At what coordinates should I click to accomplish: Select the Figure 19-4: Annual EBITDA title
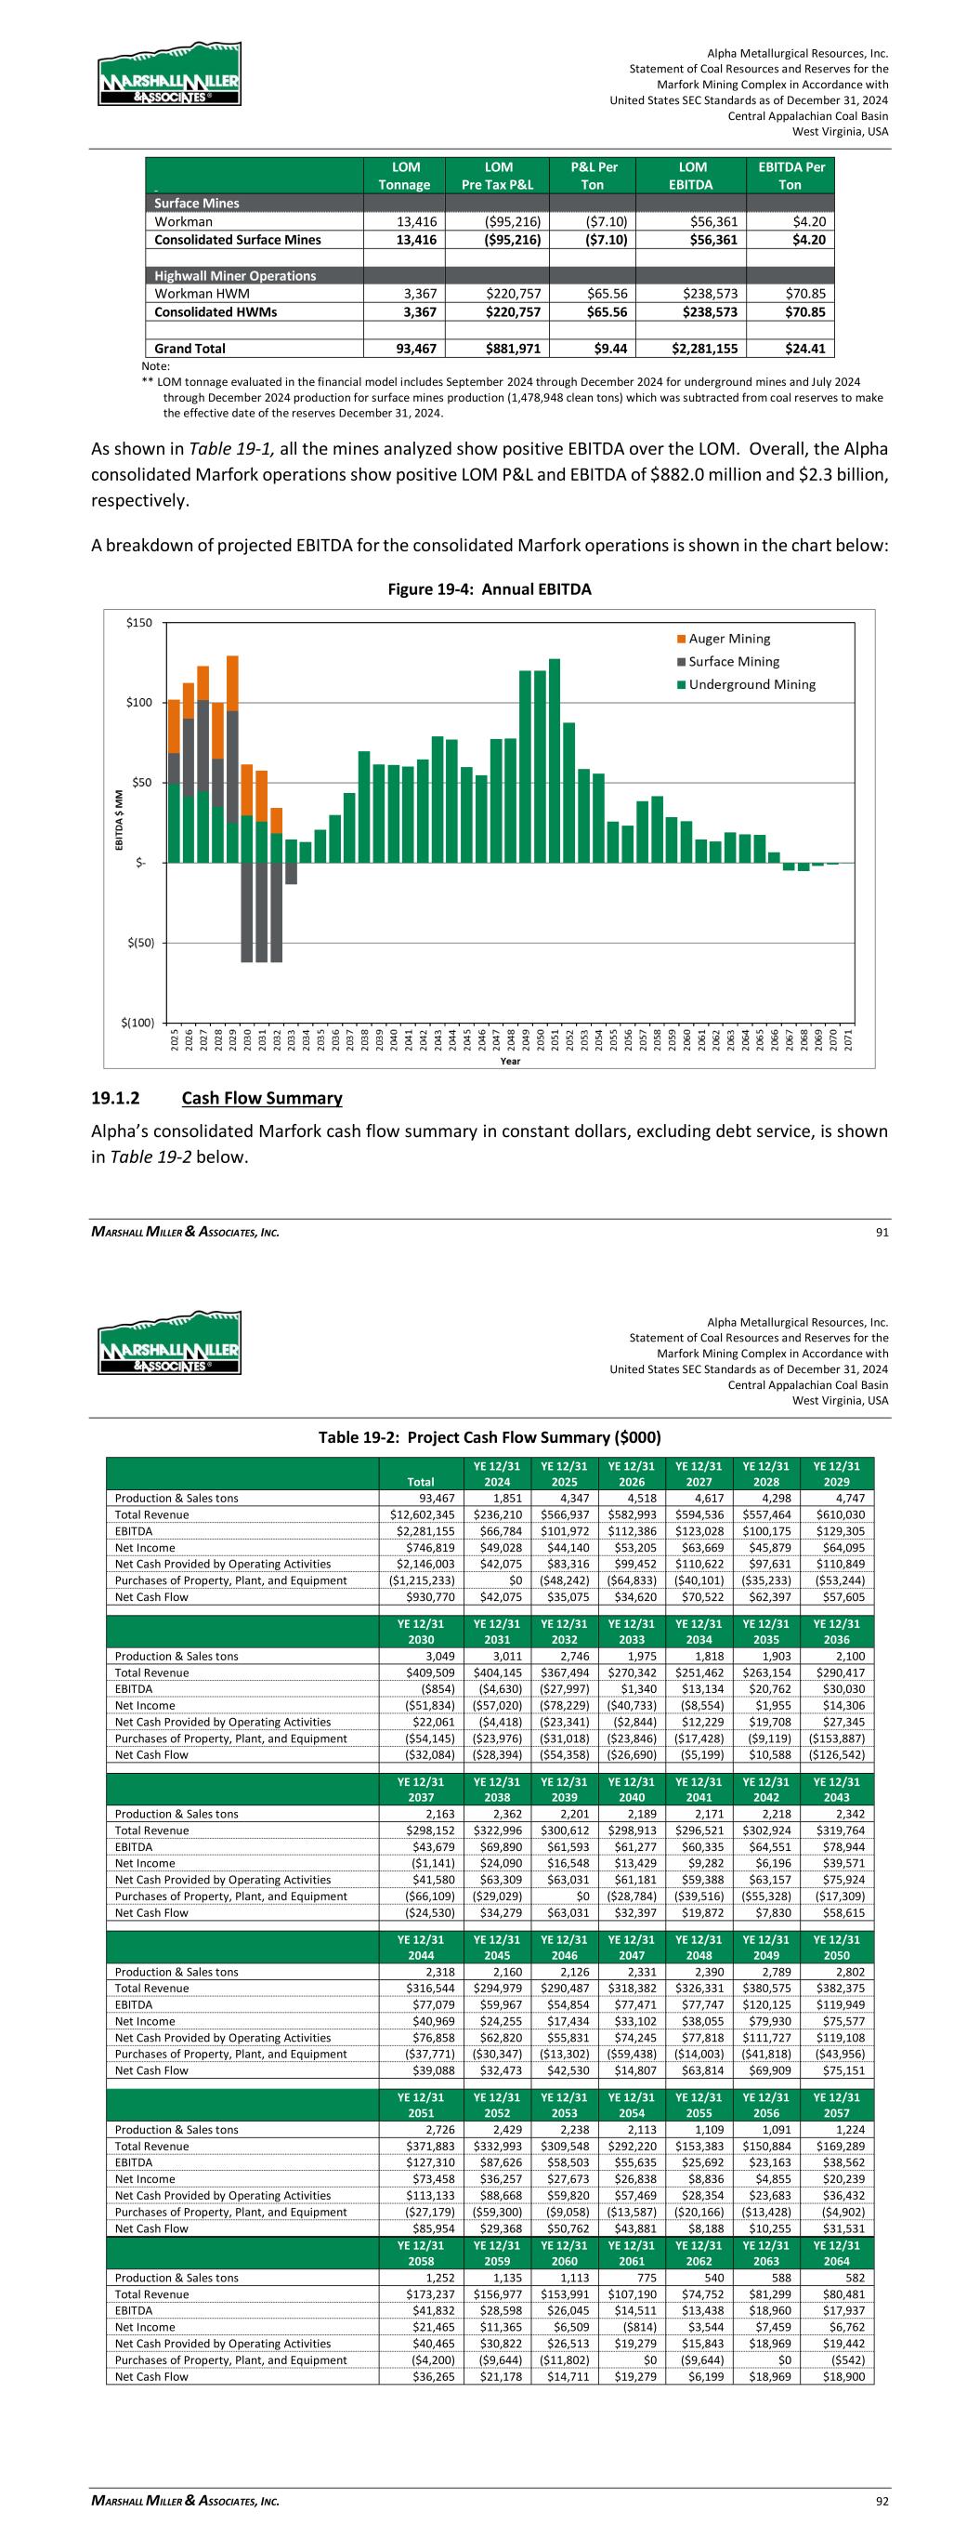coord(490,590)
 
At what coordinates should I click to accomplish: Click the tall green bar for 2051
coord(555,760)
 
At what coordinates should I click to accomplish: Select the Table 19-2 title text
coord(490,1437)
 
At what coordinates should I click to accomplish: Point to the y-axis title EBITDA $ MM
coord(119,820)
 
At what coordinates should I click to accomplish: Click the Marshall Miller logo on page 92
coord(169,1342)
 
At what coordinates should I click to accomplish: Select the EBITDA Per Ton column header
coord(789,177)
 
